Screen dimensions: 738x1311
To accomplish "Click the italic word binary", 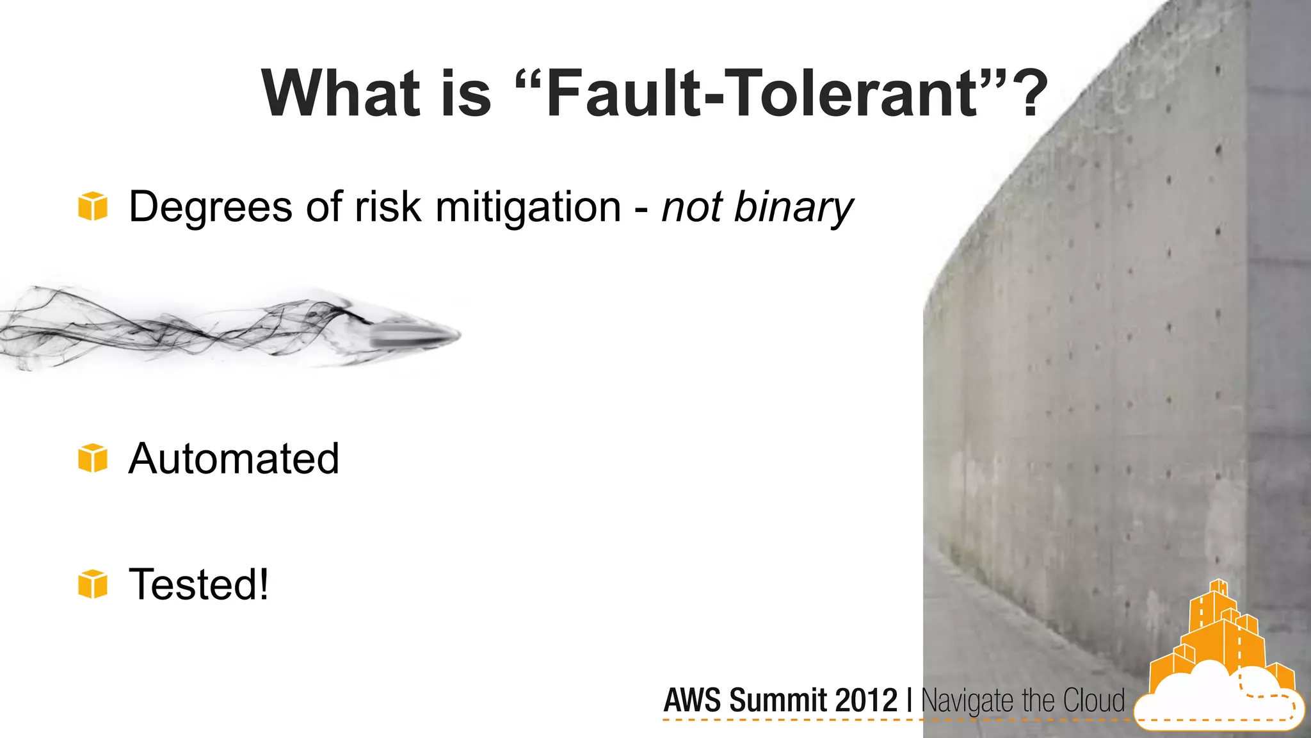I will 793,208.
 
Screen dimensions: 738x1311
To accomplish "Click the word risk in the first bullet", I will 387,208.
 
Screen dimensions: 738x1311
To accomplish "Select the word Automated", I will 234,459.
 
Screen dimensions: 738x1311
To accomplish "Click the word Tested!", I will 198,584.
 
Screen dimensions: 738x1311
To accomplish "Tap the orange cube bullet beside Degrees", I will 93,206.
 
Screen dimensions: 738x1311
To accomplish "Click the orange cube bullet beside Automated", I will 93,458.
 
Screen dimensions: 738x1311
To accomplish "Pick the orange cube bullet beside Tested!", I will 93,584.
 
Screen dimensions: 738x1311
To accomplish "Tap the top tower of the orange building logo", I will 1219,589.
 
